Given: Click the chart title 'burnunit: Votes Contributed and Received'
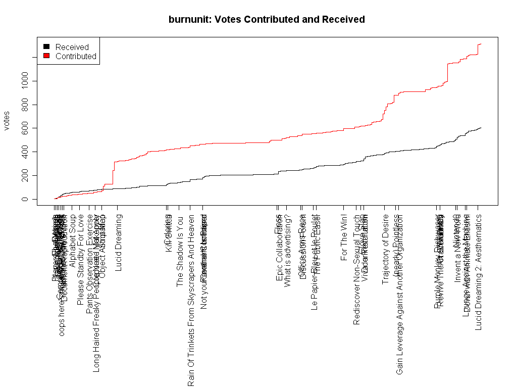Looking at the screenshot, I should coord(267,20).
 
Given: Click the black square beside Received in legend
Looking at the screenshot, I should coord(46,47).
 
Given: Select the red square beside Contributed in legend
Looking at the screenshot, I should coord(46,56).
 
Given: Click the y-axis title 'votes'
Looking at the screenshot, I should coord(7,120).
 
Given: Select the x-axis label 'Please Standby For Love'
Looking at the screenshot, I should coord(80,260).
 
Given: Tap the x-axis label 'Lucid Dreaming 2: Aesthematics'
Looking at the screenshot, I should coord(479,272).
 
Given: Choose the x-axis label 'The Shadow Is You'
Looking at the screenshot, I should coord(180,251).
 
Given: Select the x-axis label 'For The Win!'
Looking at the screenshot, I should coord(344,237).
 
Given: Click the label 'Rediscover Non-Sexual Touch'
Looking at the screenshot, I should coord(357,270).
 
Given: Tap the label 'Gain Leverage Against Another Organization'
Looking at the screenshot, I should coord(400,295).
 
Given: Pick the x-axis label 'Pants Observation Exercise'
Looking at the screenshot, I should coord(90,264).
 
